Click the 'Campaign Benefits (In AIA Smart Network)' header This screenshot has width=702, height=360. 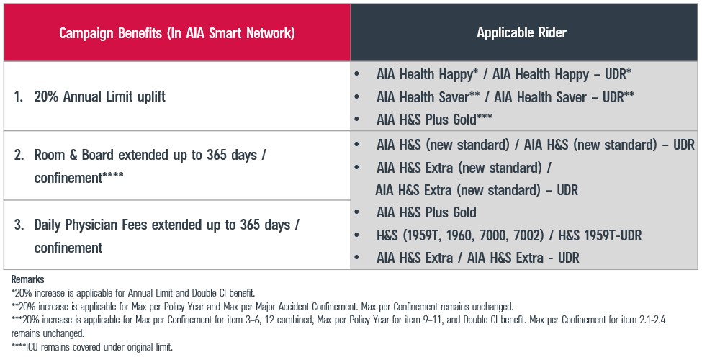click(x=176, y=33)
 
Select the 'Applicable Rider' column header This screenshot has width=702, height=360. click(x=522, y=33)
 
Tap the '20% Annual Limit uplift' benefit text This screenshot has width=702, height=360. click(x=99, y=96)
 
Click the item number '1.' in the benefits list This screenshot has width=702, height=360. click(x=19, y=96)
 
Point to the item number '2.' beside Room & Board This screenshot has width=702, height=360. click(x=19, y=155)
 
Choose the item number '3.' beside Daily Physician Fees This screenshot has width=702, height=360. click(x=19, y=225)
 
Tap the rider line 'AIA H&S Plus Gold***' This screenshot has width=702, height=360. click(x=435, y=120)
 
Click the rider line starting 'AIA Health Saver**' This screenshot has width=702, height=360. click(x=505, y=97)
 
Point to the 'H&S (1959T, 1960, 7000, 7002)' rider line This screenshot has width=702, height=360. click(x=508, y=235)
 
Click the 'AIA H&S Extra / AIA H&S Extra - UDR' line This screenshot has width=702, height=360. click(x=477, y=258)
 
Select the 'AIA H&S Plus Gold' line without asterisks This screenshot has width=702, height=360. click(x=426, y=212)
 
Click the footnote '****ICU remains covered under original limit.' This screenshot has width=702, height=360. click(x=92, y=348)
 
